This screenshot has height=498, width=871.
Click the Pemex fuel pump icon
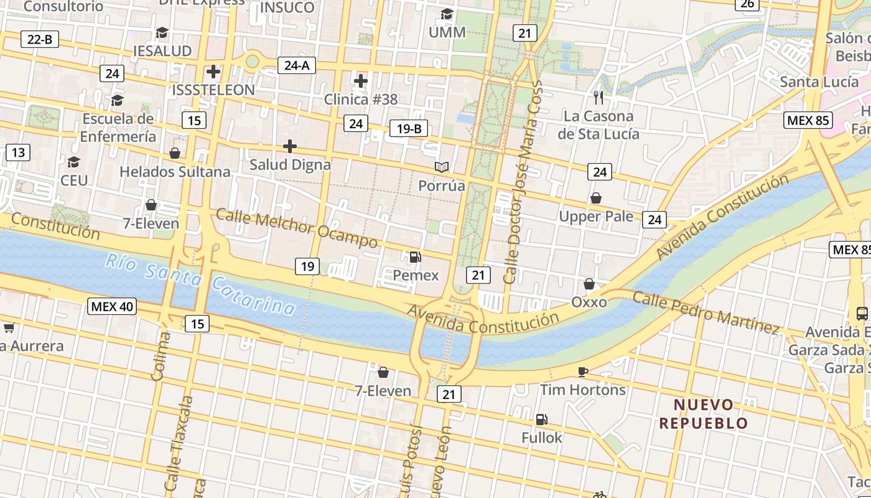(415, 256)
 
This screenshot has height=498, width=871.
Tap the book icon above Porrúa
(442, 167)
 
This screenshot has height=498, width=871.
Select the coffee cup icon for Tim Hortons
(582, 372)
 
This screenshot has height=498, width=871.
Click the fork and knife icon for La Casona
(599, 97)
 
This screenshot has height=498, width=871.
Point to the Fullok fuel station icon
(541, 420)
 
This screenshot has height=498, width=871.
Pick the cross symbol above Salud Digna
(290, 146)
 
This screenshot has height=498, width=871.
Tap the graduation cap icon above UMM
(447, 14)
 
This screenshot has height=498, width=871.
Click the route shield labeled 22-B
(40, 39)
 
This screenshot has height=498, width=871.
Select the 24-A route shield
(297, 65)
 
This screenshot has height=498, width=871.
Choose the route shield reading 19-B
(409, 129)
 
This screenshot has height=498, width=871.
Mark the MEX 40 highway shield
(113, 306)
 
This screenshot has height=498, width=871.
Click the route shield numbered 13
(18, 153)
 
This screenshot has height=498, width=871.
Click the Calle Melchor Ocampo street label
(297, 228)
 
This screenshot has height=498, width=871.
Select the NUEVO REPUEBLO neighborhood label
(704, 414)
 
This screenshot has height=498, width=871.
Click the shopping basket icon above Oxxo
(589, 284)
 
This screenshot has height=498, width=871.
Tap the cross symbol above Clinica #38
(361, 81)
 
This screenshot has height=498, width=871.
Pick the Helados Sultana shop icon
(175, 153)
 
